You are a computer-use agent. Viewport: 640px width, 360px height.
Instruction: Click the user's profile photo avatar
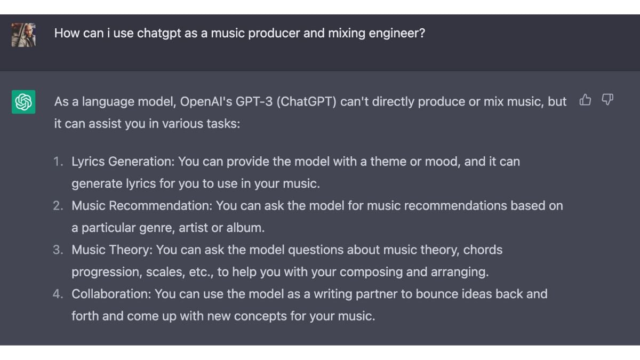coord(23,35)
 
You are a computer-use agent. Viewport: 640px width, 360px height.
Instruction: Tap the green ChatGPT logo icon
coord(23,102)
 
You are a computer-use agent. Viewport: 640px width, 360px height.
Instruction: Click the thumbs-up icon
coord(585,100)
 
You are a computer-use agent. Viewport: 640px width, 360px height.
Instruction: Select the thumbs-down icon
coord(607,100)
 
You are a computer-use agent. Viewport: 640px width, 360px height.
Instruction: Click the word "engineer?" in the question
coord(397,34)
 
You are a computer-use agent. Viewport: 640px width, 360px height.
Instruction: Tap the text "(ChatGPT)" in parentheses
coord(307,102)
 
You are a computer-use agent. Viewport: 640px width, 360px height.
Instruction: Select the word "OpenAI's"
coord(206,102)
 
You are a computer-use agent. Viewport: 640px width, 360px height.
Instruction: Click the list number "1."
coord(58,162)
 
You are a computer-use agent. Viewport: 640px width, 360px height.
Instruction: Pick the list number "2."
coord(58,206)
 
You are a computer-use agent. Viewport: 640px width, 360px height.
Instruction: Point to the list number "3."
coord(58,250)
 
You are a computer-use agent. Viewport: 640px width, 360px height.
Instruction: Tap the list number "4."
coord(58,294)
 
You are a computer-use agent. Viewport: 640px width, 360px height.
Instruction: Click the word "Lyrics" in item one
coord(88,162)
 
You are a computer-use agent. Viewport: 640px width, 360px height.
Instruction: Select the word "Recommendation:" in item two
coord(161,206)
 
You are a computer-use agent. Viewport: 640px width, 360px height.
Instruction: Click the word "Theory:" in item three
coord(131,250)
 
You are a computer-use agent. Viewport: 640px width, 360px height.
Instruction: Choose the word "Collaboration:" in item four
coord(111,294)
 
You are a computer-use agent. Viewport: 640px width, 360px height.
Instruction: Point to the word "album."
coord(245,228)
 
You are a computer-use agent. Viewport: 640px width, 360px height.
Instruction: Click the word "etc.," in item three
coord(201,273)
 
